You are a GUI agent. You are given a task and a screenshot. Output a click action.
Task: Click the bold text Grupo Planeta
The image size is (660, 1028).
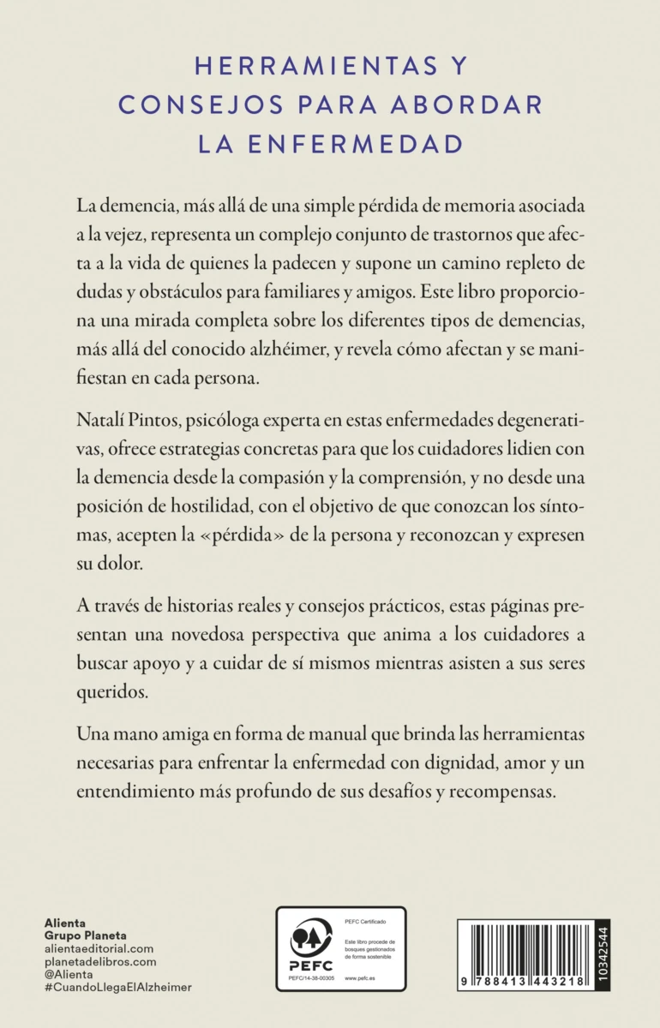click(x=85, y=936)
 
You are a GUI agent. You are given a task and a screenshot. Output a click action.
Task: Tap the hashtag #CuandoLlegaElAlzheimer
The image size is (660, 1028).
click(x=117, y=987)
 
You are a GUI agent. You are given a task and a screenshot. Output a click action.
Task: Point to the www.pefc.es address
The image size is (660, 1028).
click(x=362, y=976)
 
